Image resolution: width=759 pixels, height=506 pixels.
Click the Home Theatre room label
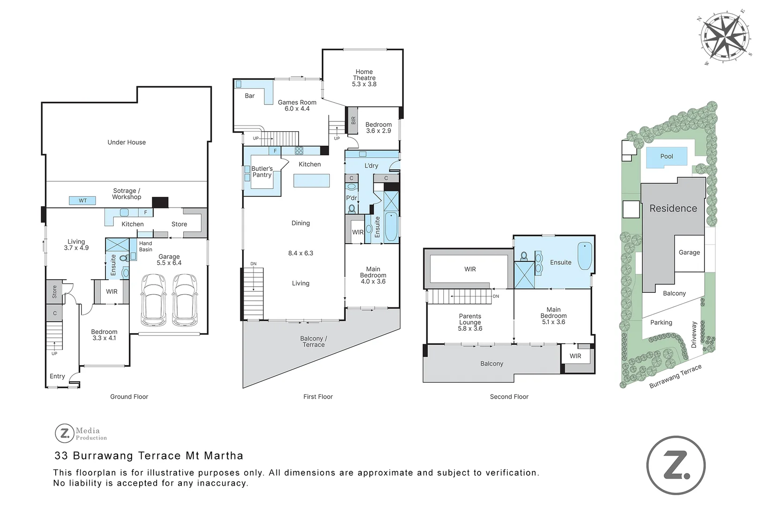tap(364, 78)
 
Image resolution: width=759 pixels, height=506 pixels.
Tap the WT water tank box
tap(82, 201)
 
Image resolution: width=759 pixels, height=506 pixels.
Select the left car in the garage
tap(154, 299)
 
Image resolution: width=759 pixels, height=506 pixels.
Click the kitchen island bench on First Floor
tap(312, 181)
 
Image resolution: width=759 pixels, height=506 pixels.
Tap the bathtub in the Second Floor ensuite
tap(585, 256)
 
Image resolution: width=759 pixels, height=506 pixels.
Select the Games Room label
tap(297, 105)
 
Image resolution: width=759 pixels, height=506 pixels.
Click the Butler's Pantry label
tap(262, 172)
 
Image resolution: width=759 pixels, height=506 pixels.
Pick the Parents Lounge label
tap(470, 322)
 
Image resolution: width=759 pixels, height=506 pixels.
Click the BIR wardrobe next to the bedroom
tap(353, 120)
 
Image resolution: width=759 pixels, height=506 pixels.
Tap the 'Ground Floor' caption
tap(129, 396)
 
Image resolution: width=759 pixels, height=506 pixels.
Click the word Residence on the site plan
tap(673, 208)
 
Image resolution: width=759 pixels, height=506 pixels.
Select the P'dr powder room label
tap(351, 198)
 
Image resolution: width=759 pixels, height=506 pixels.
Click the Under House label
tap(126, 142)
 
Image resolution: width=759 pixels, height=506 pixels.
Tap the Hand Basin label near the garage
tap(146, 246)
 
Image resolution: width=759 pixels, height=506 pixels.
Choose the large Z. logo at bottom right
tap(676, 465)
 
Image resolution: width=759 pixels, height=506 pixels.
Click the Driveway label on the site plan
tap(693, 335)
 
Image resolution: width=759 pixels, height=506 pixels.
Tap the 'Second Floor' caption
tap(509, 396)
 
